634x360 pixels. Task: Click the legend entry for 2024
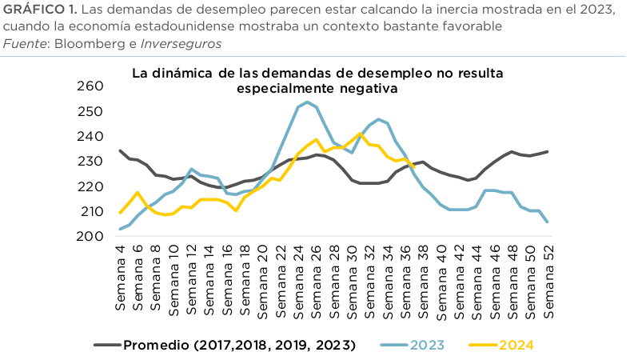pos(516,346)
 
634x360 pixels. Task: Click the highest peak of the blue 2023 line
pos(307,102)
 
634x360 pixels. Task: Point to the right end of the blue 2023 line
pos(548,222)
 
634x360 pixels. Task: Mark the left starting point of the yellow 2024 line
pos(120,213)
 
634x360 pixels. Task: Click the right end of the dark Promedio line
pos(548,151)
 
